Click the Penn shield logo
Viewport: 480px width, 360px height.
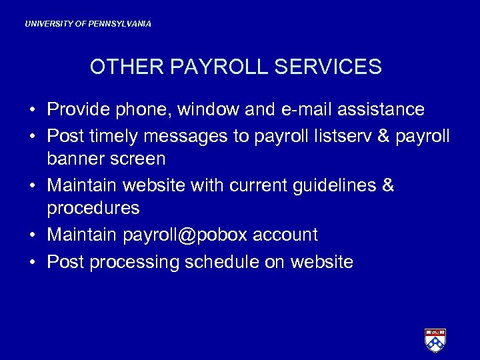435,340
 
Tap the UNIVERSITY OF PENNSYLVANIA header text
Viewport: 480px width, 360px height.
88,24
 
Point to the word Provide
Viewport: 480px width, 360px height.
77,109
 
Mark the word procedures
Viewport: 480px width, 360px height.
93,209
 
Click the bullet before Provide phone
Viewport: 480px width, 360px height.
32,109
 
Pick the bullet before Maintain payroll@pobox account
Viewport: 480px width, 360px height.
32,235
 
